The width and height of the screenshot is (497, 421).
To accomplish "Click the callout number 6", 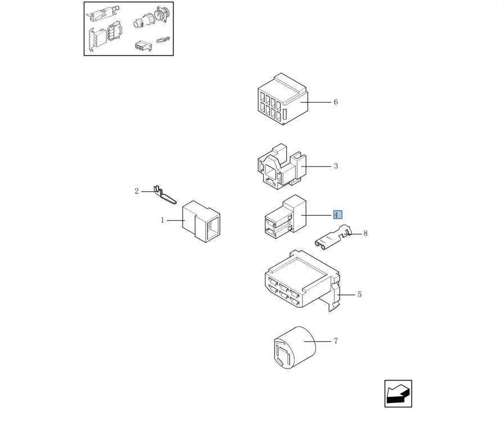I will [336, 102].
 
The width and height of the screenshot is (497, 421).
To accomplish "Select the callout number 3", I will [336, 166].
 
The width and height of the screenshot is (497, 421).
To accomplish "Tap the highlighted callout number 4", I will [337, 215].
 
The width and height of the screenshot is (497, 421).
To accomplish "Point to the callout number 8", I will [365, 233].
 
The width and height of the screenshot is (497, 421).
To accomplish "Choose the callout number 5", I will [359, 295].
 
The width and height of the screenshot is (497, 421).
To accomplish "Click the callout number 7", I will [336, 341].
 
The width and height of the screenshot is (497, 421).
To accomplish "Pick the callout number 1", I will [162, 220].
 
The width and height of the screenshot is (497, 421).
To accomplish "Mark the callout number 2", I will [136, 192].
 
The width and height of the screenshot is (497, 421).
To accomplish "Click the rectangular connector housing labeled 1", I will [201, 221].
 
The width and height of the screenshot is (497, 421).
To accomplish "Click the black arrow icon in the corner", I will [398, 393].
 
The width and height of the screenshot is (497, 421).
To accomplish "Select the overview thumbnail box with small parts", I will [129, 29].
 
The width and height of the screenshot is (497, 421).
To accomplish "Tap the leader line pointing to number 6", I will [319, 102].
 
